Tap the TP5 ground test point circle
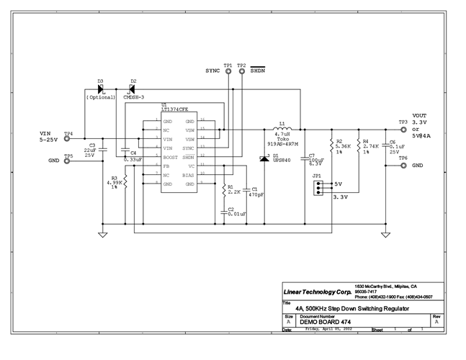68,161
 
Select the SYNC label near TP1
212,71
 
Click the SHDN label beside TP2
257,71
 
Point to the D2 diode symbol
132,89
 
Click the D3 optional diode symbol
101,89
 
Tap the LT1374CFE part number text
176,109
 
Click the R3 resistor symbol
125,181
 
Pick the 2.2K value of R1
235,193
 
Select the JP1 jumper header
318,188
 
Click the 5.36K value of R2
344,147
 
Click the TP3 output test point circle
403,129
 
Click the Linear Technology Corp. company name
315,292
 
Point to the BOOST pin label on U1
171,156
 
